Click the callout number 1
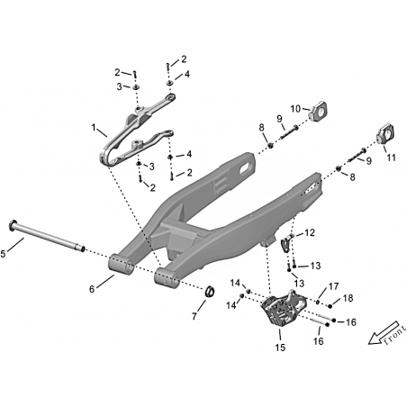click(x=94, y=128)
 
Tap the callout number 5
click(x=3, y=254)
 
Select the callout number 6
click(x=92, y=289)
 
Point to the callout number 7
click(x=194, y=316)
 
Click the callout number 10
click(x=295, y=109)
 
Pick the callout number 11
click(x=391, y=158)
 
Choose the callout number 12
click(x=310, y=232)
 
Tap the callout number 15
click(x=280, y=348)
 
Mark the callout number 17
click(x=333, y=286)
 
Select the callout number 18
click(x=348, y=298)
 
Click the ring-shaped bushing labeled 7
click(x=210, y=292)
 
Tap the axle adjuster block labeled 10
click(x=319, y=112)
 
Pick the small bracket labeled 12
click(x=285, y=244)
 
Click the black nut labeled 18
click(x=330, y=306)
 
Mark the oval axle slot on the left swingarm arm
click(x=246, y=168)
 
